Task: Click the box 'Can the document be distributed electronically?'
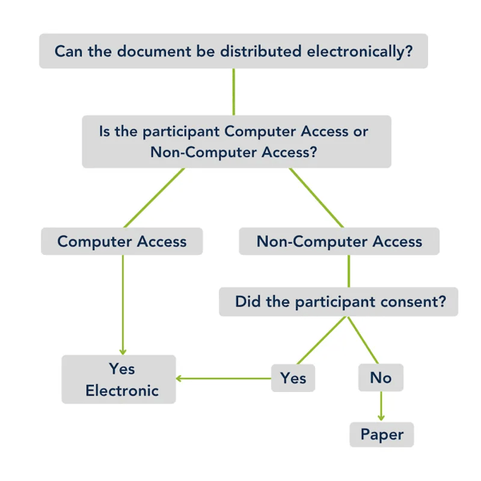click(x=233, y=52)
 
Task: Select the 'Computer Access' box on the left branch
click(x=122, y=241)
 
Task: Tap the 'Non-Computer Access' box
click(x=339, y=241)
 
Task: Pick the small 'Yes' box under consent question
click(x=293, y=378)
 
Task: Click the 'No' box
click(x=381, y=378)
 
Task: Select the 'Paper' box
click(x=382, y=435)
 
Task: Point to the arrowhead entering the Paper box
click(x=382, y=418)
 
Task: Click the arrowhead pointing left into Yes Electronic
click(x=180, y=378)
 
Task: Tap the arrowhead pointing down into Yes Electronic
click(x=123, y=350)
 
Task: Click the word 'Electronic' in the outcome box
click(x=122, y=391)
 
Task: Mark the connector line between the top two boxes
click(x=233, y=92)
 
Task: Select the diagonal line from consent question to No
click(x=362, y=341)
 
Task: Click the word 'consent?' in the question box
click(x=424, y=302)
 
